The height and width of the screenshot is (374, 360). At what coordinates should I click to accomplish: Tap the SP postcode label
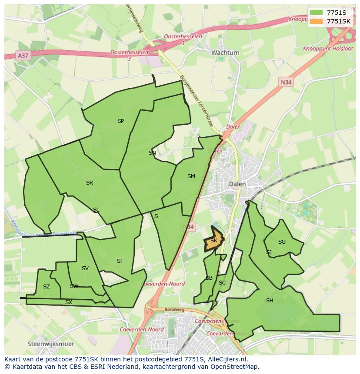(120, 121)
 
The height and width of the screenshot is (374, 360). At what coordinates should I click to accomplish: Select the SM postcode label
(191, 176)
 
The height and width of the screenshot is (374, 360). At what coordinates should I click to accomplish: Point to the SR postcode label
(90, 183)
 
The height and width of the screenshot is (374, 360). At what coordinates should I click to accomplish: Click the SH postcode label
(270, 300)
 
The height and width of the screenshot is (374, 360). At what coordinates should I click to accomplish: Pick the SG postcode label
(282, 242)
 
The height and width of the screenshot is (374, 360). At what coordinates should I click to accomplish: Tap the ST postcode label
(120, 261)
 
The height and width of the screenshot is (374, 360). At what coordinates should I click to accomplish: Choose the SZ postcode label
(47, 287)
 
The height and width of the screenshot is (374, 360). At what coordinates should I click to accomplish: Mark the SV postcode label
(85, 268)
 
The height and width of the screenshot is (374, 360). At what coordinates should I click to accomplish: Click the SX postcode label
(69, 302)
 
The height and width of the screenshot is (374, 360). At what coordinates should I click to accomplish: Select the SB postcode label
(209, 278)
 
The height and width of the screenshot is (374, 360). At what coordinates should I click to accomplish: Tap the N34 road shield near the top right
(286, 82)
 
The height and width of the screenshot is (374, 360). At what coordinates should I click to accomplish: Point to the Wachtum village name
(225, 53)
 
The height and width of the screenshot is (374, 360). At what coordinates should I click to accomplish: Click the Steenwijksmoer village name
(51, 344)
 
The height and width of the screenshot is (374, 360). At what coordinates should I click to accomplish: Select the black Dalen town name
(237, 184)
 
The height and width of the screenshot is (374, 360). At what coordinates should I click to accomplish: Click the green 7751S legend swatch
(316, 13)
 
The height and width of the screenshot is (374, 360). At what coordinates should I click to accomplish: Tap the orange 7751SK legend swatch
(316, 21)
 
